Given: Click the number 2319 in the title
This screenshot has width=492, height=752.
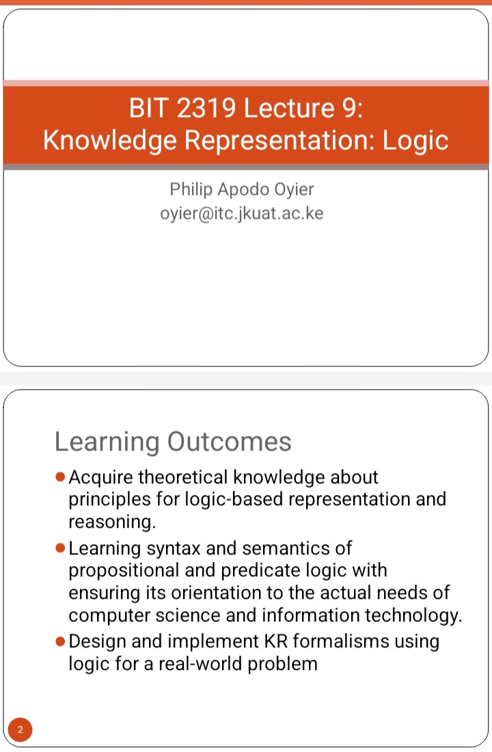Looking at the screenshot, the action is [206, 108].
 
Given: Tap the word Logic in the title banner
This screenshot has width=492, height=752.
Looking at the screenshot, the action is [415, 141].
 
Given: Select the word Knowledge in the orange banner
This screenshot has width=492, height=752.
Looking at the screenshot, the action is [110, 141].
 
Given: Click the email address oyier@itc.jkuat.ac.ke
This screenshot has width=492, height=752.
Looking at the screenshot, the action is [242, 213].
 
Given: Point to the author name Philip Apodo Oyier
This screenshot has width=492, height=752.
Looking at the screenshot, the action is [242, 189].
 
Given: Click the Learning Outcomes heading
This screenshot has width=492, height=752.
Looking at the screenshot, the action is [173, 442].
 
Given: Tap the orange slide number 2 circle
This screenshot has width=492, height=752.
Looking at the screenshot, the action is [20, 729].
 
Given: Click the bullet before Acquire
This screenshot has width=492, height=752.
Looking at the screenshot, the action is [60, 476].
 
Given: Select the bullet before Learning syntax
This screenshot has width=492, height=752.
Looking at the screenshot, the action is [60, 548].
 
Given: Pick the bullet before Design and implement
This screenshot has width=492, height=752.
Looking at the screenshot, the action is [60, 641].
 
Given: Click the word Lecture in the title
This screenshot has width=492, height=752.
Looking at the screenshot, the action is [289, 108].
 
